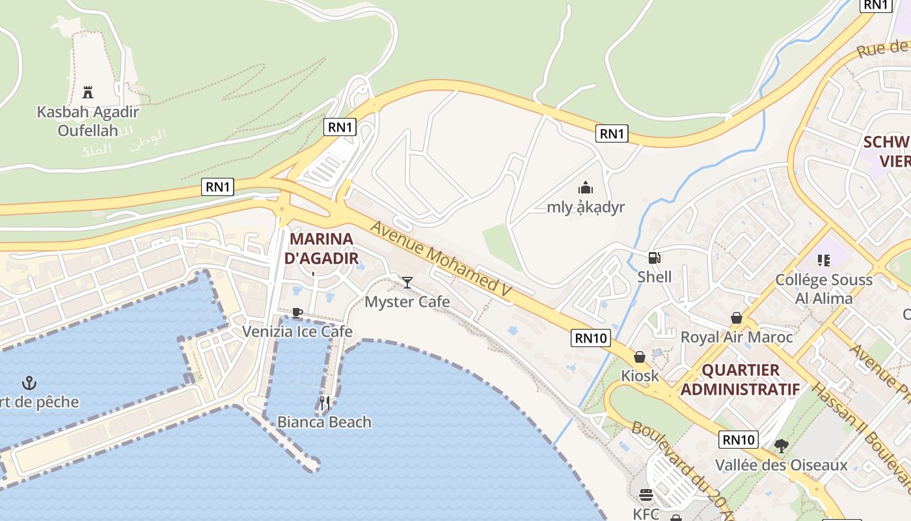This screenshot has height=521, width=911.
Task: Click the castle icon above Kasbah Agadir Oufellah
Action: click(x=88, y=91)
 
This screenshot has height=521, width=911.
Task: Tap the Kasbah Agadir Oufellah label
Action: click(x=88, y=120)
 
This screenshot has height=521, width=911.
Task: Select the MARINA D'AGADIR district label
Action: click(x=321, y=248)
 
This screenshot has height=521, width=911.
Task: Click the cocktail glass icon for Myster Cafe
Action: click(x=407, y=282)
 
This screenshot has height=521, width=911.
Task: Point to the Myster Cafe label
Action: click(x=407, y=302)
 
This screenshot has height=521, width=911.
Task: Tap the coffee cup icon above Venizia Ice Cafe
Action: click(x=297, y=313)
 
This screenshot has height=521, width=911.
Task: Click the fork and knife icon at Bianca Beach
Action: click(x=324, y=403)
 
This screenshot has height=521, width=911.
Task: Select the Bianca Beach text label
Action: click(x=324, y=422)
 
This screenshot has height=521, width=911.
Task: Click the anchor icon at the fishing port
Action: click(x=29, y=382)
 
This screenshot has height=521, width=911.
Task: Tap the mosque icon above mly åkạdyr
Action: click(x=586, y=188)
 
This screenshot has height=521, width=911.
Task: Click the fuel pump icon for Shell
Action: click(x=654, y=258)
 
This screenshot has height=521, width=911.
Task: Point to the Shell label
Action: click(x=654, y=277)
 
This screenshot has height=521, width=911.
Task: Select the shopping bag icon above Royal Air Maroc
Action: click(x=737, y=318)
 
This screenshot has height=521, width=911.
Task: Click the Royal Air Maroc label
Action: click(x=737, y=337)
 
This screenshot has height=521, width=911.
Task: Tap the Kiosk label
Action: click(x=640, y=376)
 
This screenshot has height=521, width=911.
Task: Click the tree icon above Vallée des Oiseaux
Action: click(x=781, y=446)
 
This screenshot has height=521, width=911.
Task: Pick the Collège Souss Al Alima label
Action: click(x=824, y=289)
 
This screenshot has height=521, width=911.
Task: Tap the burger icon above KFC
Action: click(x=646, y=495)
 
